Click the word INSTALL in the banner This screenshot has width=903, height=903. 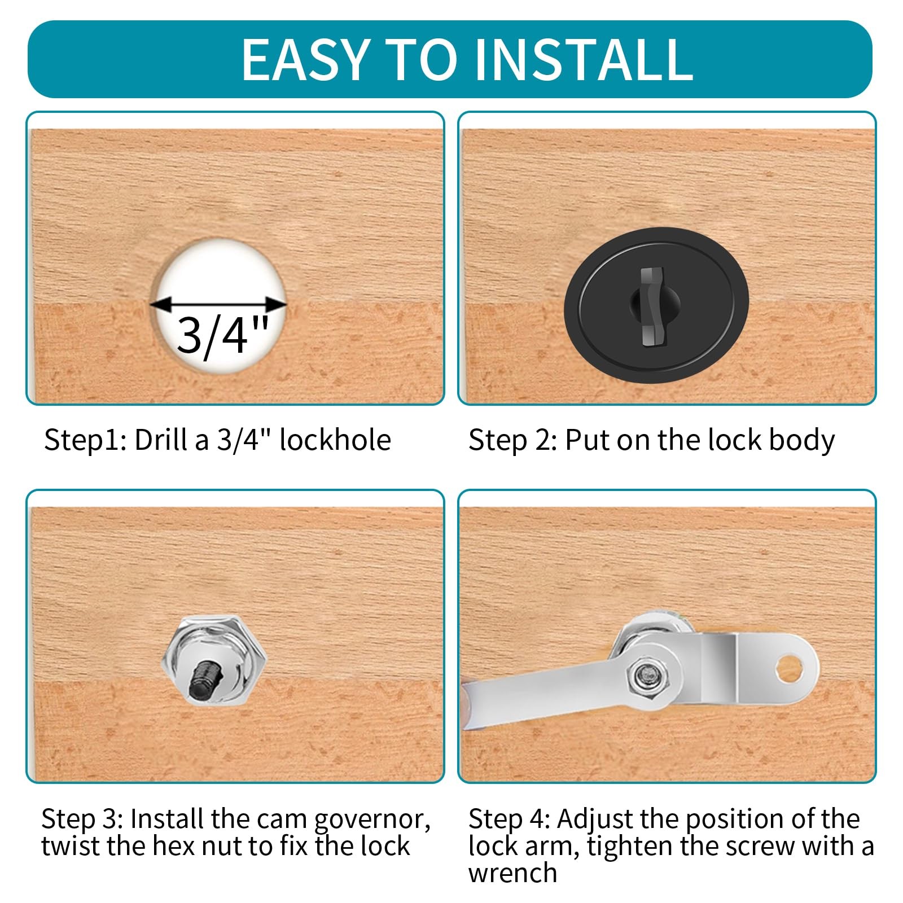click(x=584, y=59)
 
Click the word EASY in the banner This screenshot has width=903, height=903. click(x=305, y=59)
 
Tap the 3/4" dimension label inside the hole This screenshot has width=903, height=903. click(x=221, y=335)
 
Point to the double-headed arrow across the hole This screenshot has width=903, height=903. click(x=219, y=305)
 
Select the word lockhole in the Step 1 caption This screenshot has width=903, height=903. click(x=335, y=440)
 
